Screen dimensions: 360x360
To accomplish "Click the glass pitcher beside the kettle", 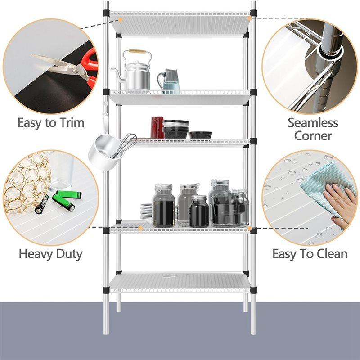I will coord(169,81).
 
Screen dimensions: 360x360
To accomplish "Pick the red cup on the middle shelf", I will coord(157,127).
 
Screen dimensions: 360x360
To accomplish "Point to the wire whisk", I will coord(126,144).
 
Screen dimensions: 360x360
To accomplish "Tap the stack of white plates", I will coord(146,211).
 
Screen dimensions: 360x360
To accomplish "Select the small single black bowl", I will coord(200,135).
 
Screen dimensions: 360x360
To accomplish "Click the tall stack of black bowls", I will coord(175,129).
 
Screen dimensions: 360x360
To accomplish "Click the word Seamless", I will coord(313,122).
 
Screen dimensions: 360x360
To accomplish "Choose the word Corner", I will coord(313,135).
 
